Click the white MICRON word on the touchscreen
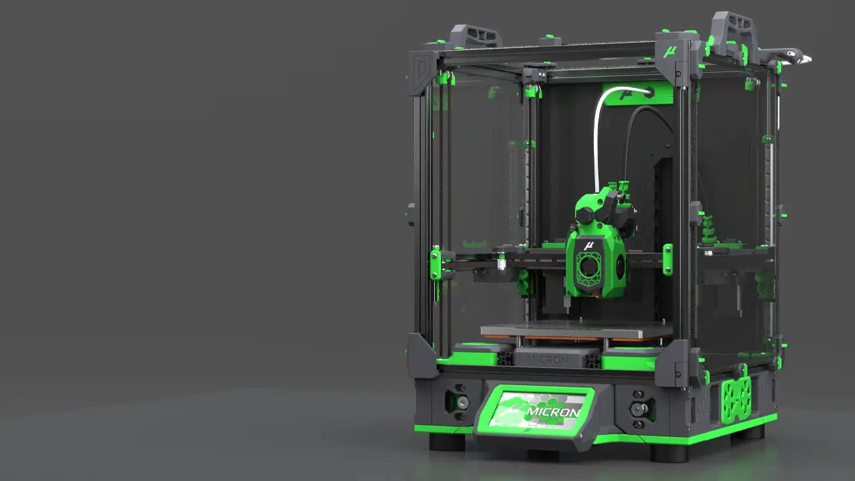coord(552,412)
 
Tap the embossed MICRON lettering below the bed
coord(548,359)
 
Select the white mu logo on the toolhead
coord(588,245)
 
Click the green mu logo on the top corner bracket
coord(670,51)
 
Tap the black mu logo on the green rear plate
coord(625,94)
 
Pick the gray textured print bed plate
coord(576,329)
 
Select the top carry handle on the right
coord(733,29)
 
